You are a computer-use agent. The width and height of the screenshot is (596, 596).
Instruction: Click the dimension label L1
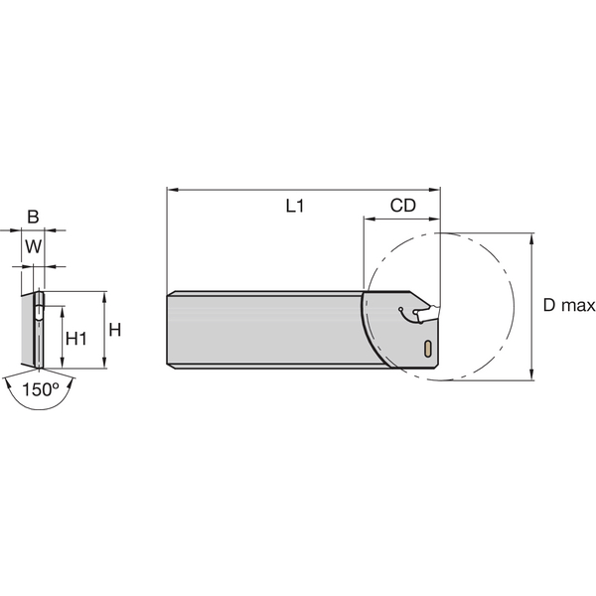pyautogui.click(x=294, y=207)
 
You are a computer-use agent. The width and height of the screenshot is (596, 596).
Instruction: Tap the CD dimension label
pyautogui.click(x=402, y=207)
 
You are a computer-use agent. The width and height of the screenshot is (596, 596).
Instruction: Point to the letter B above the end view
pyautogui.click(x=33, y=217)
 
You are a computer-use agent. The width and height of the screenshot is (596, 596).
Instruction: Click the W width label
pyautogui.click(x=33, y=246)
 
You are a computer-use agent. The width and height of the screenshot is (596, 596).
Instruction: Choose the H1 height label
pyautogui.click(x=75, y=339)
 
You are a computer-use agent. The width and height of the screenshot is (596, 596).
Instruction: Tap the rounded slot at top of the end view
pyautogui.click(x=38, y=305)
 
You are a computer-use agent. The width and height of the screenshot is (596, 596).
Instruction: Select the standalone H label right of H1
pyautogui.click(x=114, y=330)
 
